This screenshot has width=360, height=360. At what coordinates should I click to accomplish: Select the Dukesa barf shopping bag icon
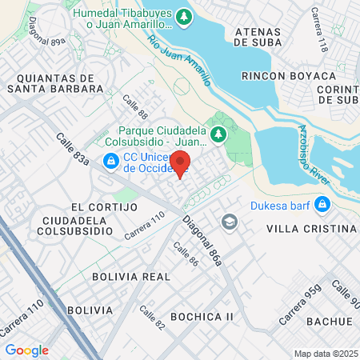(x=321, y=206)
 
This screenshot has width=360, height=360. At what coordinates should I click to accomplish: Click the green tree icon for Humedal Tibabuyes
(x=184, y=16)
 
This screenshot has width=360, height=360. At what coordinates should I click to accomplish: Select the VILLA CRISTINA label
(x=310, y=228)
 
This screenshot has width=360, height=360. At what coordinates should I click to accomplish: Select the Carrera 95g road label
(x=304, y=303)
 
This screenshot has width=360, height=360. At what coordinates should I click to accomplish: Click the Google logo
(x=26, y=350)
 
